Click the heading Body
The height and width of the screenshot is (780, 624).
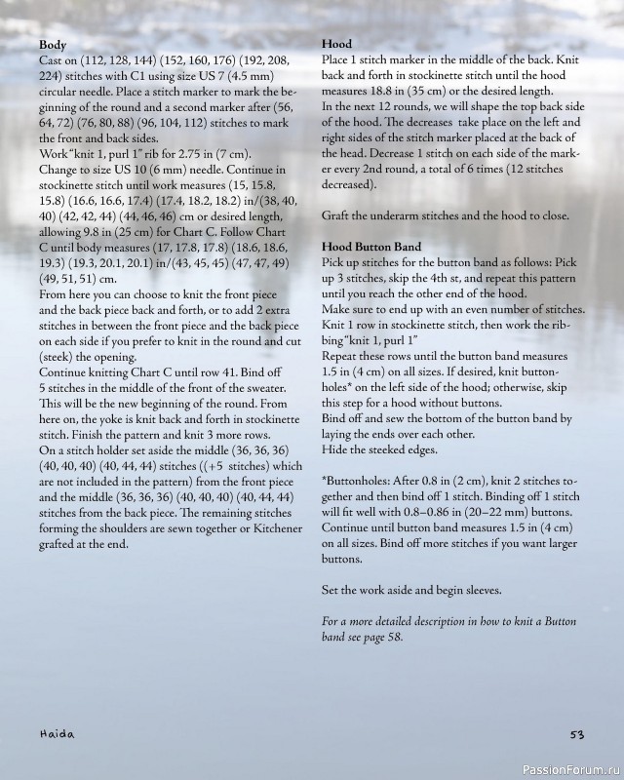[x=53, y=45]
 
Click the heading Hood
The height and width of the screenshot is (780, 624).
[x=336, y=45]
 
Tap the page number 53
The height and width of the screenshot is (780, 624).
[x=577, y=733]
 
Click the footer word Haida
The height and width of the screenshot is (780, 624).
[x=58, y=733]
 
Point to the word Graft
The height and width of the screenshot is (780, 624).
[x=337, y=215]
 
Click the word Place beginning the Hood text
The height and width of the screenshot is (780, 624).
[x=338, y=60]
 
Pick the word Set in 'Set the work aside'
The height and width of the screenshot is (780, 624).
[x=331, y=591]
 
